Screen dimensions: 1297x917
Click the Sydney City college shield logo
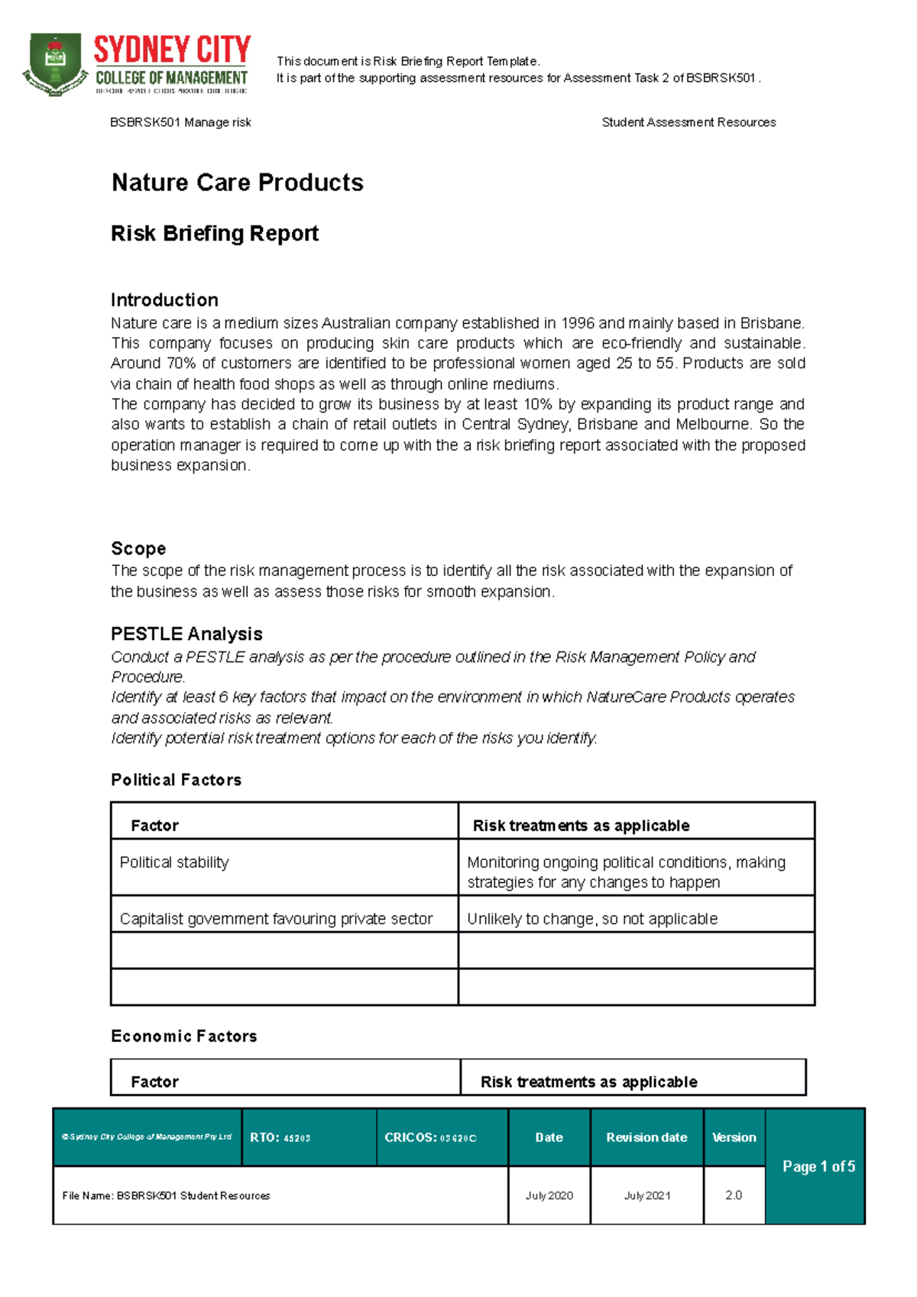click(55, 64)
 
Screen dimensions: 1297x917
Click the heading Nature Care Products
click(237, 183)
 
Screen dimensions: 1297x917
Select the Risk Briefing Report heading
click(214, 234)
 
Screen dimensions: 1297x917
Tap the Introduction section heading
click(164, 299)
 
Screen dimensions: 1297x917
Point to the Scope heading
click(138, 548)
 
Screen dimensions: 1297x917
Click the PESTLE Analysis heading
click(186, 634)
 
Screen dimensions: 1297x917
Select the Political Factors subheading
click(176, 780)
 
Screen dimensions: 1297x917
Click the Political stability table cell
click(174, 862)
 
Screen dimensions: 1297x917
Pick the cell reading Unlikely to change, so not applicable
click(592, 919)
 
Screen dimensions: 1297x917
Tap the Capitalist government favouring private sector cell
click(276, 919)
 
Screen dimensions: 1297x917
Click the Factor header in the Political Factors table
click(154, 826)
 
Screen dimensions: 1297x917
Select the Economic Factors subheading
click(183, 1037)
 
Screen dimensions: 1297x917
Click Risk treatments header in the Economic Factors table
click(588, 1082)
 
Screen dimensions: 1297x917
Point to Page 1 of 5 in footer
click(818, 1166)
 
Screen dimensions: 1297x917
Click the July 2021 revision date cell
click(647, 1195)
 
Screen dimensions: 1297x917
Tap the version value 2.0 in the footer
click(734, 1195)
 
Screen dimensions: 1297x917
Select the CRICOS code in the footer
click(430, 1137)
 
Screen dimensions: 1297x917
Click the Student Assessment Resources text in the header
click(689, 122)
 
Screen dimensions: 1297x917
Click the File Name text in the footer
click(166, 1195)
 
